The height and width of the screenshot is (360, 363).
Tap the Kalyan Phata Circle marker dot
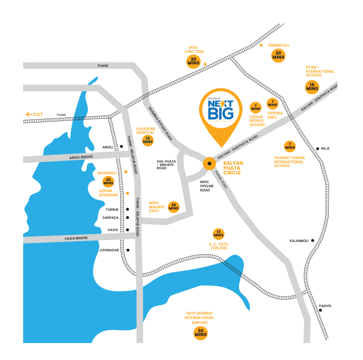(x=209, y=164)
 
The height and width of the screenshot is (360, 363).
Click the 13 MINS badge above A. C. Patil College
(x=218, y=234)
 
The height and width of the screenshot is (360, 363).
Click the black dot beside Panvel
(x=320, y=310)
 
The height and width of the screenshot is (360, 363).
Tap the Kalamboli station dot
(x=313, y=241)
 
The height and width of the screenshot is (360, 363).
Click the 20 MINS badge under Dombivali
(x=278, y=55)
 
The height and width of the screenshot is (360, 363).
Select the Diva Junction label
(x=193, y=49)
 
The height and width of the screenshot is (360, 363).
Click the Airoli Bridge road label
(x=81, y=157)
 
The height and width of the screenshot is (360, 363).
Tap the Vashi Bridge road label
(x=76, y=238)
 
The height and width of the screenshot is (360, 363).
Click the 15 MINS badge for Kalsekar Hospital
(x=148, y=140)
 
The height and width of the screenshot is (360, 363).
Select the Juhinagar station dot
(x=128, y=250)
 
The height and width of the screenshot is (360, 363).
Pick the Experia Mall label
(x=275, y=115)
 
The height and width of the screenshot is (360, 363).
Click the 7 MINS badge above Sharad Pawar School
(x=290, y=146)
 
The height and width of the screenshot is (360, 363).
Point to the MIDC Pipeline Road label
(x=207, y=186)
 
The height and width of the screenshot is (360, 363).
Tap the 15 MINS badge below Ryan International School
(x=312, y=87)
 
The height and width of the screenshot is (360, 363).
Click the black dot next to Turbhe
(x=128, y=210)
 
